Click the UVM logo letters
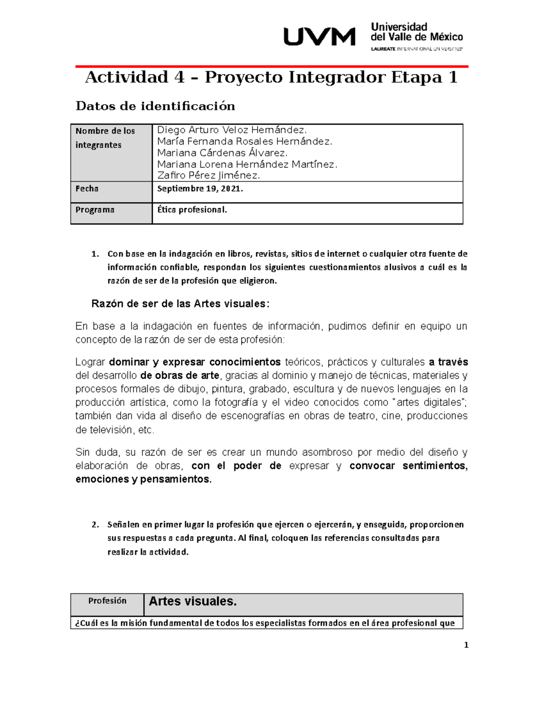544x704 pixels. point(319,37)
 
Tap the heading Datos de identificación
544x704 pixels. point(155,106)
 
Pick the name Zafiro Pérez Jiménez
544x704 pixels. point(209,175)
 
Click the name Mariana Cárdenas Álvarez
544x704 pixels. point(222,153)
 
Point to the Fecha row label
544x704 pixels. point(87,189)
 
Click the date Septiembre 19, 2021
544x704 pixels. point(200,189)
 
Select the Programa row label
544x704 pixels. point(95,210)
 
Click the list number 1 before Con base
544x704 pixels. point(94,254)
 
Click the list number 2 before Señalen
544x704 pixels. point(94,525)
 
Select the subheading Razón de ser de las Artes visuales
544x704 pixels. point(180,304)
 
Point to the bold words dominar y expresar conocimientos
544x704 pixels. point(195,362)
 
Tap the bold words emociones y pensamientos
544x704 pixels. point(143,479)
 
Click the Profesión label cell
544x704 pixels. point(107,601)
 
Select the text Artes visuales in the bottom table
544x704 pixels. point(193,602)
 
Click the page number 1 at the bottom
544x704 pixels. point(466,645)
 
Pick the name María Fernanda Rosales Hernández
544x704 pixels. point(244,141)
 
